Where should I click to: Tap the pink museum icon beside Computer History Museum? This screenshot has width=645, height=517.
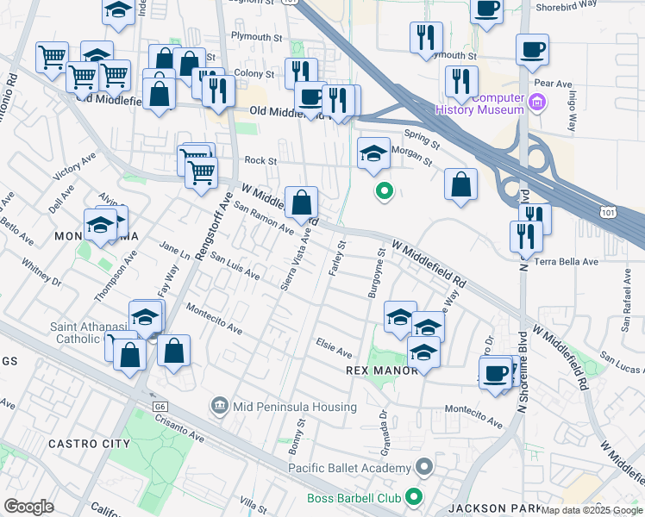(x=538, y=104)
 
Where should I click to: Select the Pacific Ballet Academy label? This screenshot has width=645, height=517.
(x=360, y=468)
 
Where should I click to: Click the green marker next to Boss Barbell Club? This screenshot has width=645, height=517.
(x=415, y=497)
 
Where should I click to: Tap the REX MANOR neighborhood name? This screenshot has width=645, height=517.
(x=381, y=370)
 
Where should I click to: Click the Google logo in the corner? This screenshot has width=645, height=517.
(x=28, y=507)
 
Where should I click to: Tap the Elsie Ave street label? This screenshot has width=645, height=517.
(x=335, y=352)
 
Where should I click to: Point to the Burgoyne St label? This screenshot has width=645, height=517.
(x=378, y=274)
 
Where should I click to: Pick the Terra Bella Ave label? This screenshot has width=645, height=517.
(x=567, y=261)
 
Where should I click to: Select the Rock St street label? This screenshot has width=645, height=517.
(x=260, y=160)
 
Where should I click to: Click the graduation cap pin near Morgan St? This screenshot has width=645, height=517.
(x=373, y=155)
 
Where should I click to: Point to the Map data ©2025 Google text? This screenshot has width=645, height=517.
(x=592, y=510)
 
